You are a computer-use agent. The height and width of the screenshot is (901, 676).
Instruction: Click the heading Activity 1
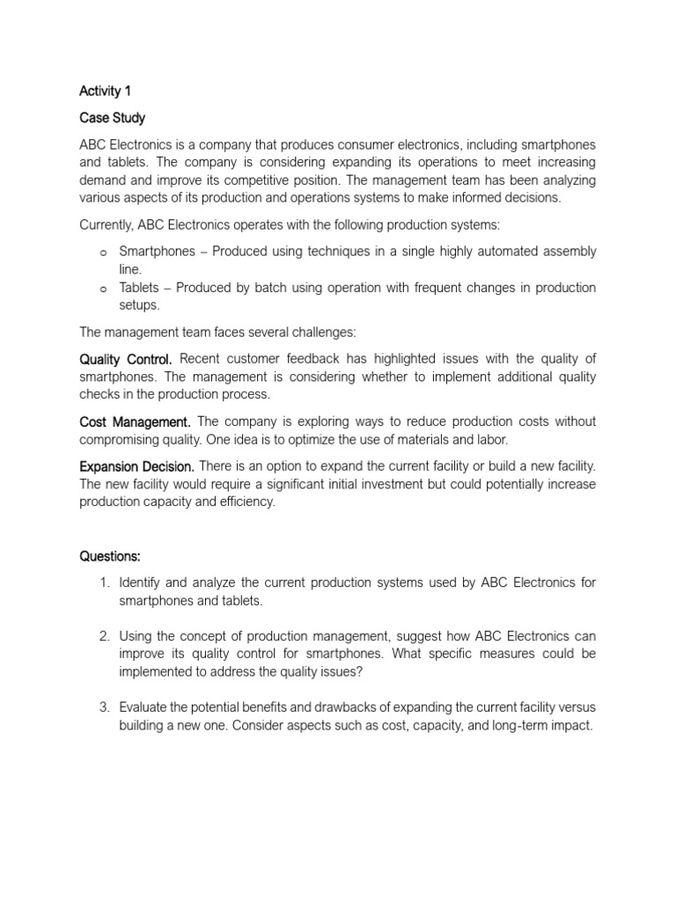point(106,92)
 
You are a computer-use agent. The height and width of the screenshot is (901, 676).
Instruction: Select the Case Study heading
point(113,118)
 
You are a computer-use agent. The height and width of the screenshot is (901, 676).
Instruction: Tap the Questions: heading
point(110,556)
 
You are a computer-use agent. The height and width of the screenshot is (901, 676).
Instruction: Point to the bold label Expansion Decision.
point(136,465)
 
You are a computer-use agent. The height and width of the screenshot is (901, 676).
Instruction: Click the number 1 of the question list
point(103,583)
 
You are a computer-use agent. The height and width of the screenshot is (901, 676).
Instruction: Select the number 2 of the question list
point(103,635)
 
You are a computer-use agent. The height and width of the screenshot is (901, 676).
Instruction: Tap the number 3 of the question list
point(103,707)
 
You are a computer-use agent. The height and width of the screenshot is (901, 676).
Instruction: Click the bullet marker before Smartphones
point(103,253)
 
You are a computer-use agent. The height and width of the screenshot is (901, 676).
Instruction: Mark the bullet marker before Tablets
point(103,289)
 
